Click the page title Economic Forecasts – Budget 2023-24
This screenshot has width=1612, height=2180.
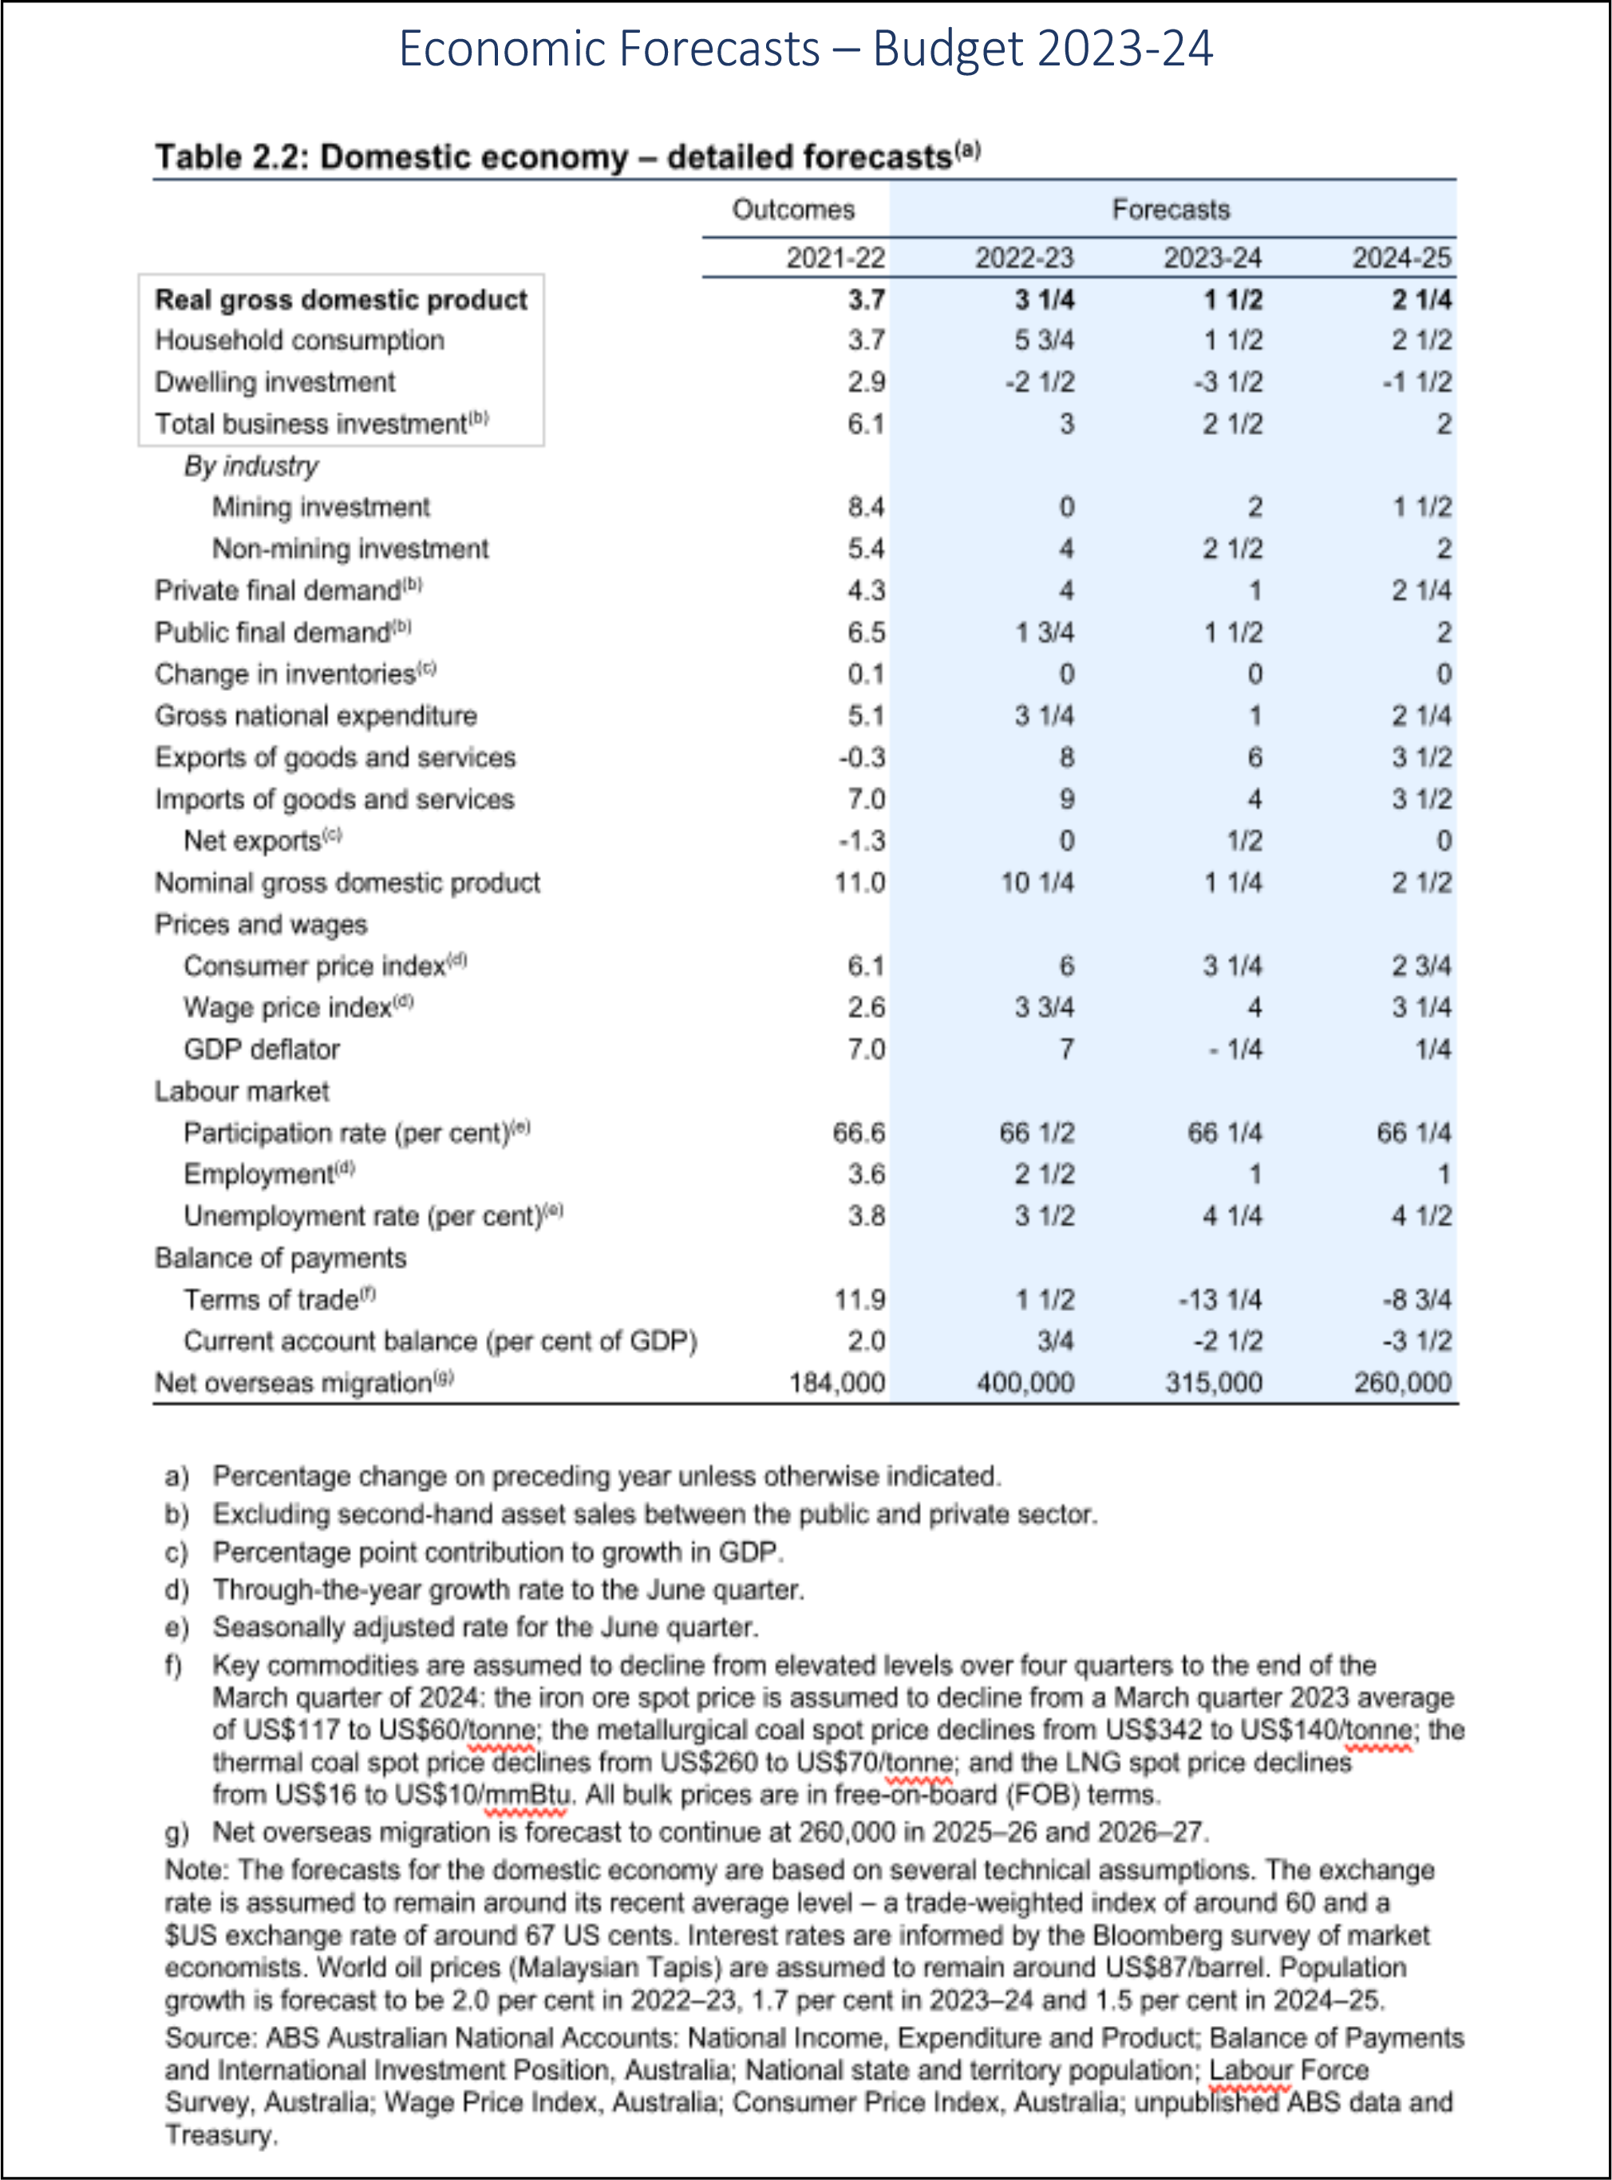pos(806,49)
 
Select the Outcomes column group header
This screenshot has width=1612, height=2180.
pos(792,210)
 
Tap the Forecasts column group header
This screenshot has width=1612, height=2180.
pos(1170,210)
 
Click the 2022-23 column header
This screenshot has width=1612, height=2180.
pos(1024,259)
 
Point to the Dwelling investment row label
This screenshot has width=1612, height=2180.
pos(275,382)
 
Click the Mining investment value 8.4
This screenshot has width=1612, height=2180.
pos(867,507)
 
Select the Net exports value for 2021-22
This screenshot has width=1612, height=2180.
pos(863,841)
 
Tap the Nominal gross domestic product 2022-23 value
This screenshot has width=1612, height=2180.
pos(1037,883)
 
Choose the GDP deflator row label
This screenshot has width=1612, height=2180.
pos(262,1050)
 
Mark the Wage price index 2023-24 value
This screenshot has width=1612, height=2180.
pos(1254,1008)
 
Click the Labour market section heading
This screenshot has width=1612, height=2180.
pos(242,1091)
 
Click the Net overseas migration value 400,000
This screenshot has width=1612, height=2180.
pos(1025,1384)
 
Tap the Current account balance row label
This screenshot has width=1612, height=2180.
pos(440,1342)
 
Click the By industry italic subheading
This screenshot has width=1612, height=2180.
pos(251,467)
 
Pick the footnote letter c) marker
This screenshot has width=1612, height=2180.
pos(176,1553)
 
